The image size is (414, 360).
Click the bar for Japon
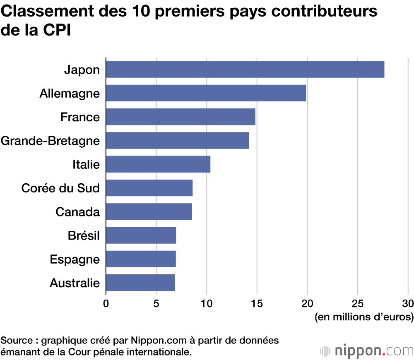(x=245, y=69)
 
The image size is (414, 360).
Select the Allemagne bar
(x=206, y=93)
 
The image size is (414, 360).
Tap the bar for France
(x=181, y=117)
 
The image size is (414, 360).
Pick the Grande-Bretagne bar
(x=178, y=141)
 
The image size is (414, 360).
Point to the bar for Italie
(x=158, y=164)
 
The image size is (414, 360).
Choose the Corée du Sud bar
(x=149, y=188)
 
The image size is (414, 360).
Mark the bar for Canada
(x=149, y=212)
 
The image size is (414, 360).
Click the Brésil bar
(x=141, y=235)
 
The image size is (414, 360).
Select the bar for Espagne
(x=141, y=259)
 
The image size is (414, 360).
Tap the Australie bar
(x=140, y=283)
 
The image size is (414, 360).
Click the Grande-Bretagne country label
(x=50, y=141)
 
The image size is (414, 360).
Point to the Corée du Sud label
(x=60, y=189)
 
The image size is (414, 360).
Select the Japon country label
(x=82, y=70)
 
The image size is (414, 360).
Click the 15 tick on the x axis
(x=257, y=304)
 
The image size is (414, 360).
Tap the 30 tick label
(x=408, y=304)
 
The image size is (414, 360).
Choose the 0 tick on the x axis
(x=106, y=304)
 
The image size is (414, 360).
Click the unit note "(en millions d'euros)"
(x=364, y=317)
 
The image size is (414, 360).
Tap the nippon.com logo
(x=366, y=351)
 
